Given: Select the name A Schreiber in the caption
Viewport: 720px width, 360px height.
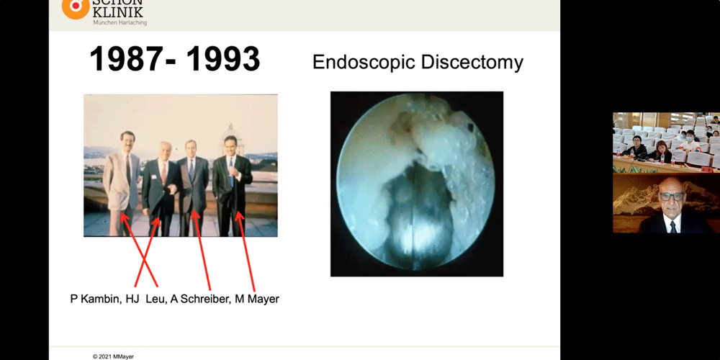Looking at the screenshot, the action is coord(200,299).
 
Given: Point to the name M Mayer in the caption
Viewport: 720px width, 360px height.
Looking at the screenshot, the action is coord(257,299).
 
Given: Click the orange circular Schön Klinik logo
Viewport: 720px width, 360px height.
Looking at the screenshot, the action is coord(76,7).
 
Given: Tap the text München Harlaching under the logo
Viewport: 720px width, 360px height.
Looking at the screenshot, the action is coord(120,22).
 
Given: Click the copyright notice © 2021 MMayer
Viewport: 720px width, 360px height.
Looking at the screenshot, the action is coord(113,356).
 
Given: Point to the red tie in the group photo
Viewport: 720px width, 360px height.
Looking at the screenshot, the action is coord(163,173).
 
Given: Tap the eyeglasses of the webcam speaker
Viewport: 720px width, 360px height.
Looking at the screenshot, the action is coord(671,197).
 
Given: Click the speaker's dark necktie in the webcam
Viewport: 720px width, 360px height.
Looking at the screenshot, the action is coord(672,227).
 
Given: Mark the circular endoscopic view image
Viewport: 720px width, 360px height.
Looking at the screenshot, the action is coord(416,184).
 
